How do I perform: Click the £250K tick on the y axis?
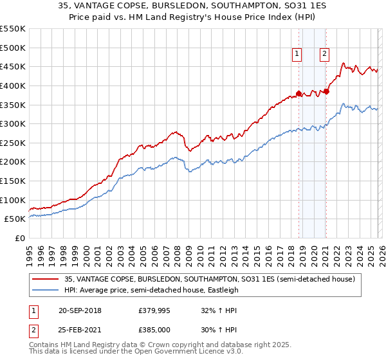coord(13,143)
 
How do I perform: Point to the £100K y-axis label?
coord(13,200)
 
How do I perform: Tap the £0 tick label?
coord(19,238)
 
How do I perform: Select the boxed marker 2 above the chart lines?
coord(325,55)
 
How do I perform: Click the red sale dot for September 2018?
coord(299,93)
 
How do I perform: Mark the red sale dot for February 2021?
coord(326,91)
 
